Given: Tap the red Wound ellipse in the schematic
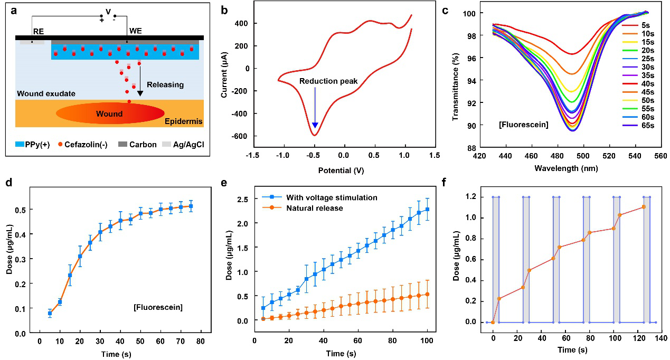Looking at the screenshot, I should (110, 113).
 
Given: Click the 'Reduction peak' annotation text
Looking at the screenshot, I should (328, 81).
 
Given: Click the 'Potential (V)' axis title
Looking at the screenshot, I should (342, 170).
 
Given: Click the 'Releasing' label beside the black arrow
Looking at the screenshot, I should (165, 84).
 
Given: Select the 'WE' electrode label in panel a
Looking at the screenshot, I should (135, 31).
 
